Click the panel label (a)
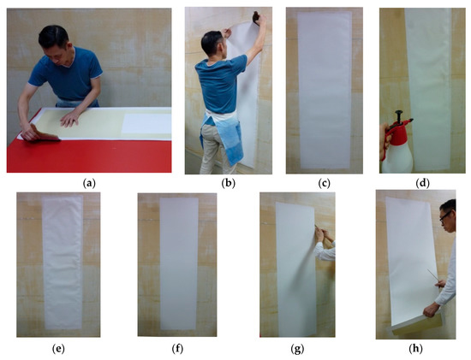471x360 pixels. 89,183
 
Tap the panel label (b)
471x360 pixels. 229,183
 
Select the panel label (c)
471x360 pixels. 324,183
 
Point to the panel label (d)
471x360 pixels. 423,183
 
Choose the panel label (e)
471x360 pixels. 58,349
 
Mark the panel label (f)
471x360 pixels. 177,349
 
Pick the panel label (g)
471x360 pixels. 297,349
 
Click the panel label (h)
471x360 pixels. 415,349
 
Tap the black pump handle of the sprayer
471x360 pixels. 399,115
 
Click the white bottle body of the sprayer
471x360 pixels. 396,156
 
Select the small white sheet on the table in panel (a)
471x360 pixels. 146,124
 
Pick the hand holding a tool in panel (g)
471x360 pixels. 319,234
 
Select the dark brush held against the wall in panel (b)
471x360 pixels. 256,18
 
